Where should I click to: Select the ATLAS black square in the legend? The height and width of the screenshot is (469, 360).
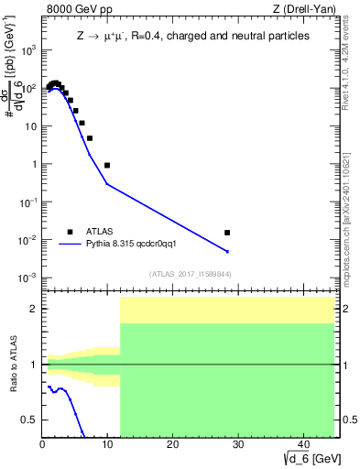click(x=69, y=232)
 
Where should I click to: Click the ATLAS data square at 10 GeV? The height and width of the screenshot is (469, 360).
click(x=107, y=165)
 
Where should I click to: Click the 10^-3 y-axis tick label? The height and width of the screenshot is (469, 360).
click(x=27, y=278)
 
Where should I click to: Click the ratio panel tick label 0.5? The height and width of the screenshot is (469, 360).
click(x=29, y=420)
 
